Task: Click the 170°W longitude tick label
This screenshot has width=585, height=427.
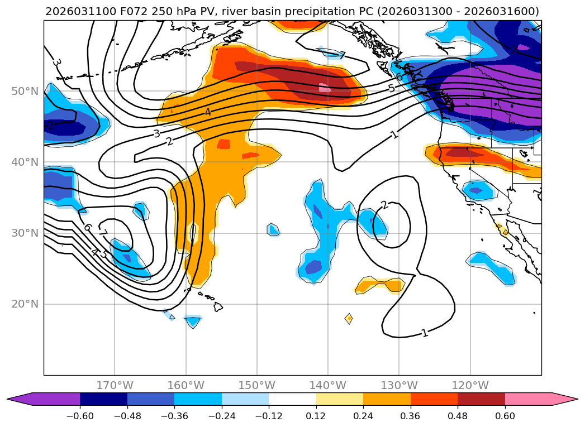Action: point(115,385)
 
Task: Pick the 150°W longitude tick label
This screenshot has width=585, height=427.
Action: point(256,385)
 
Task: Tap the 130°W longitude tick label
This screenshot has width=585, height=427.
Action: point(399,385)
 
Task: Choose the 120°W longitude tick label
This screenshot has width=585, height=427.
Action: point(470,385)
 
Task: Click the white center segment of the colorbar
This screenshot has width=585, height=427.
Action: point(292,399)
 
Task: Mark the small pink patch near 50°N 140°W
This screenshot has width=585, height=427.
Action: point(325,88)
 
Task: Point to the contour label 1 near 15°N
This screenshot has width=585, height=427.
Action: point(425,333)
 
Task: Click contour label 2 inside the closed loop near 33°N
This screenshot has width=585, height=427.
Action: point(384,205)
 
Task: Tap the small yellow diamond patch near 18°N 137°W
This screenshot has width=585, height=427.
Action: point(349,318)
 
